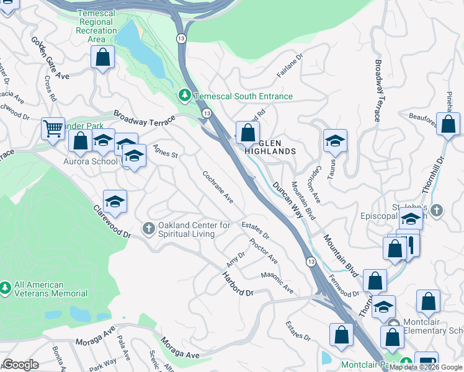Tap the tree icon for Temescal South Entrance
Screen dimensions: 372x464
pyautogui.click(x=184, y=95)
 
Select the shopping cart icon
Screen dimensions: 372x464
pyautogui.click(x=53, y=128)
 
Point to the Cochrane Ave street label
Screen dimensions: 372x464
pyautogui.click(x=218, y=187)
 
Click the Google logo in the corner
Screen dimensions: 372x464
pyautogui.click(x=21, y=365)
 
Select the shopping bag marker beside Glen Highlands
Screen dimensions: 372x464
pyautogui.click(x=248, y=132)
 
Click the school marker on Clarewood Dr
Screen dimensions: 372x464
pyautogui.click(x=115, y=201)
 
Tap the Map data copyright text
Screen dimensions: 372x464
pyautogui.click(x=426, y=367)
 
